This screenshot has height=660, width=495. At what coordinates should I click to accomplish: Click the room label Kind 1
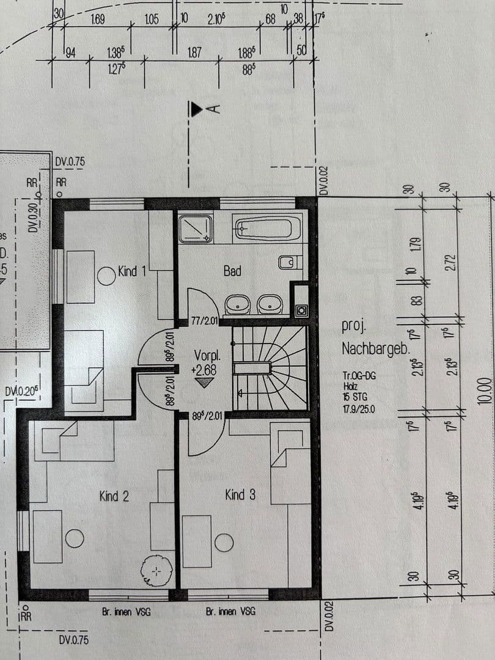coord(131,271)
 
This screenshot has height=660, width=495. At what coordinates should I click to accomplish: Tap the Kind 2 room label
coord(114,496)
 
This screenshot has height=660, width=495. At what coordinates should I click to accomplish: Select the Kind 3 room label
coord(240,494)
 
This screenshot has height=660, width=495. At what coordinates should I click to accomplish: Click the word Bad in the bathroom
coord(232,271)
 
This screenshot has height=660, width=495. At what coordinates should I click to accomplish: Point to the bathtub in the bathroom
coord(267,229)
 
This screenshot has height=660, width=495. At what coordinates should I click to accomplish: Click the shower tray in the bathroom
coord(196,229)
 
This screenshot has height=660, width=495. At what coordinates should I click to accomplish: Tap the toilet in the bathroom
coord(290,263)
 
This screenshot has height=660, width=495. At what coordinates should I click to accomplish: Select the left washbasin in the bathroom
coord(237,304)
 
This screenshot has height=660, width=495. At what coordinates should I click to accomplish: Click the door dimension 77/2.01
coord(205,319)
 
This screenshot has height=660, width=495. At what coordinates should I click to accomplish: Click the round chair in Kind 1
coord(106,276)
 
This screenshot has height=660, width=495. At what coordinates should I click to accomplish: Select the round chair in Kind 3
coord(224,543)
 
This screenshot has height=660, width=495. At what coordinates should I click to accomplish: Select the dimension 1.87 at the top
coord(194,54)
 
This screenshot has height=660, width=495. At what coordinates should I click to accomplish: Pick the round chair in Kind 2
coord(75,538)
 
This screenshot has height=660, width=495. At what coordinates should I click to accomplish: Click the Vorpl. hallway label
coord(207,355)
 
